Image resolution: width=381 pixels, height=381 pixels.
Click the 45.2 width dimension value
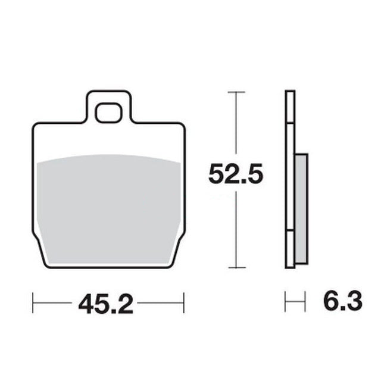coord(106,304)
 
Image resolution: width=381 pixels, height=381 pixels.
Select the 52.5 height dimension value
coord(236,173)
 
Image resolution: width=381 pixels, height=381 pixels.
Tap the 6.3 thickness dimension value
coord(343,301)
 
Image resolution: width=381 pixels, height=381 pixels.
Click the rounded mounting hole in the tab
coord(108,113)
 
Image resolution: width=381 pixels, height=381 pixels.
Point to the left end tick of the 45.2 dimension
coord(33,303)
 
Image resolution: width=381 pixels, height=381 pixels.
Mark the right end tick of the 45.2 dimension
coord(184,303)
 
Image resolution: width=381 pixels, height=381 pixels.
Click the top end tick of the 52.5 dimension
coord(236,92)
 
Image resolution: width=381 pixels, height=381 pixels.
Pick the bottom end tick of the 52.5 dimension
coord(236,267)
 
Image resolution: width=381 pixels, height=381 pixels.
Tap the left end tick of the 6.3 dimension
coord(285,302)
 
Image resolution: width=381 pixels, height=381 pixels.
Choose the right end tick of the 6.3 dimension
coord(305,302)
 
